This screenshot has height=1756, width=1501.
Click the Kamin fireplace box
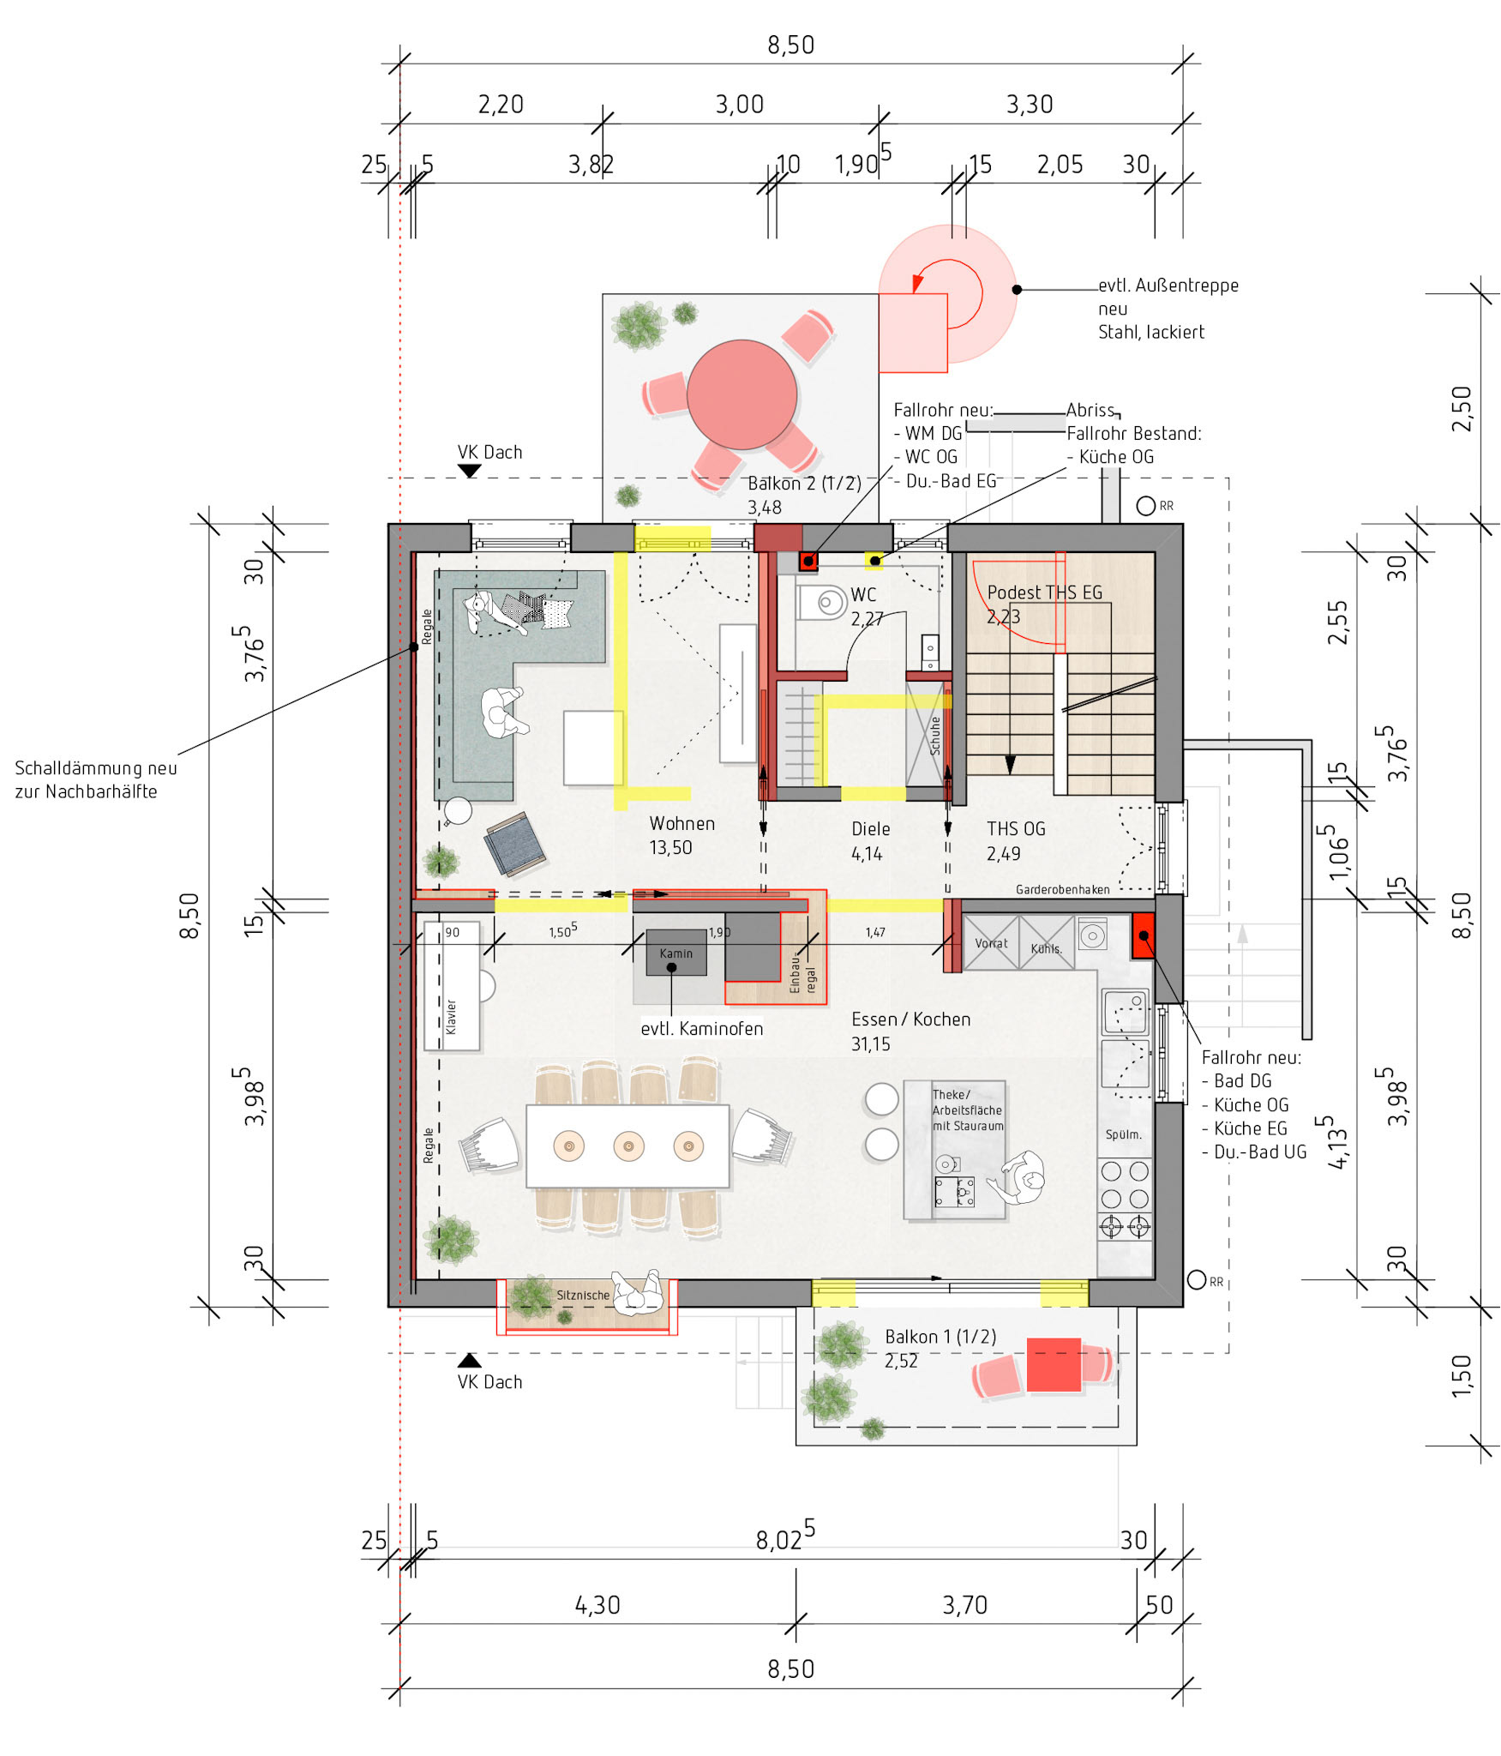675,953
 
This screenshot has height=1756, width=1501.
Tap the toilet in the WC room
822,602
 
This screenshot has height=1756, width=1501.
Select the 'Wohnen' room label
681,823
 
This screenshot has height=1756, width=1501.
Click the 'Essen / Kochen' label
910,1019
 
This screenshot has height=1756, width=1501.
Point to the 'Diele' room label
870,829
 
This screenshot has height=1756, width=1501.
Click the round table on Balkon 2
741,394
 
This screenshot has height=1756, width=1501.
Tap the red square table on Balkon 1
1054,1364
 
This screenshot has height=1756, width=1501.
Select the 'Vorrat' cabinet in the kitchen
991,942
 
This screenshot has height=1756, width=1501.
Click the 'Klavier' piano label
451,1017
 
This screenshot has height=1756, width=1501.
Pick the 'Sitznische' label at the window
583,1295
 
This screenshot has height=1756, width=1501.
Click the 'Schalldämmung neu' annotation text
96,768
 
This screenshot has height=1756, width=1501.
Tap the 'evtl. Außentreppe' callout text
1168,286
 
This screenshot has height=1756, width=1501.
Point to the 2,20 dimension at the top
501,105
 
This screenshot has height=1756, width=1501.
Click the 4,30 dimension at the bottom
597,1605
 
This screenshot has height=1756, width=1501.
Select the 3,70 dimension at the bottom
965,1605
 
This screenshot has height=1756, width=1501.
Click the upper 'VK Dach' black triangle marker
469,471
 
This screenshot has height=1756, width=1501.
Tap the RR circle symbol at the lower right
1197,1280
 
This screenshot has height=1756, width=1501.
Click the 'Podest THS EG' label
1045,592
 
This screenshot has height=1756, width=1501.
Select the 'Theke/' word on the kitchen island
952,1094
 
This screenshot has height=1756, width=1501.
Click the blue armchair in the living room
514,845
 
